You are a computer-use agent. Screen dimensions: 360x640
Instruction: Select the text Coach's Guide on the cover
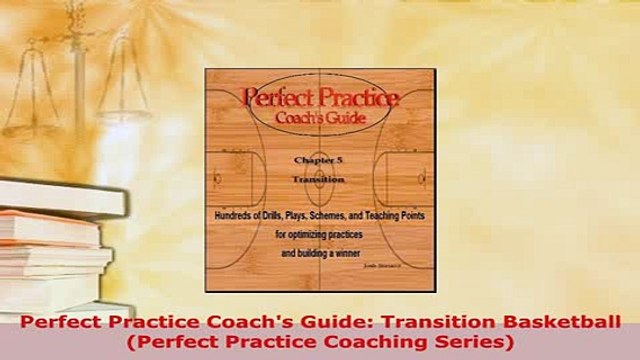pos(320,118)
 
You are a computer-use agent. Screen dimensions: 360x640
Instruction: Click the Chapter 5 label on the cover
pos(318,163)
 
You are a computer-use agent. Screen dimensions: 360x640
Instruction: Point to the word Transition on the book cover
pos(318,181)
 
